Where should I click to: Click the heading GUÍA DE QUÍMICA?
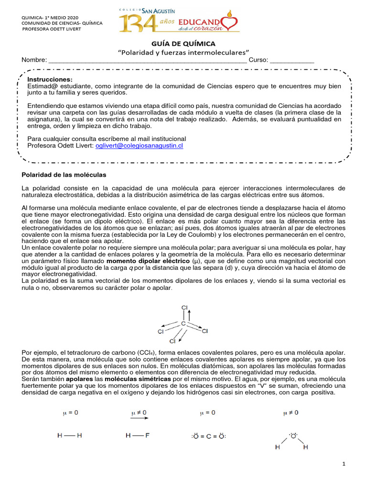pos(183,43)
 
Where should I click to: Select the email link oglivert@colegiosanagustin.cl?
pos(139,146)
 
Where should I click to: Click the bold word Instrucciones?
pos(50,79)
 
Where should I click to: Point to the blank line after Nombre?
pos(148,60)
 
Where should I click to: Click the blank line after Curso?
pos(292,60)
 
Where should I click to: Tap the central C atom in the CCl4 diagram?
pos(183,324)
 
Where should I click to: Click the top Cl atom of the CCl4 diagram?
pos(184,308)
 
